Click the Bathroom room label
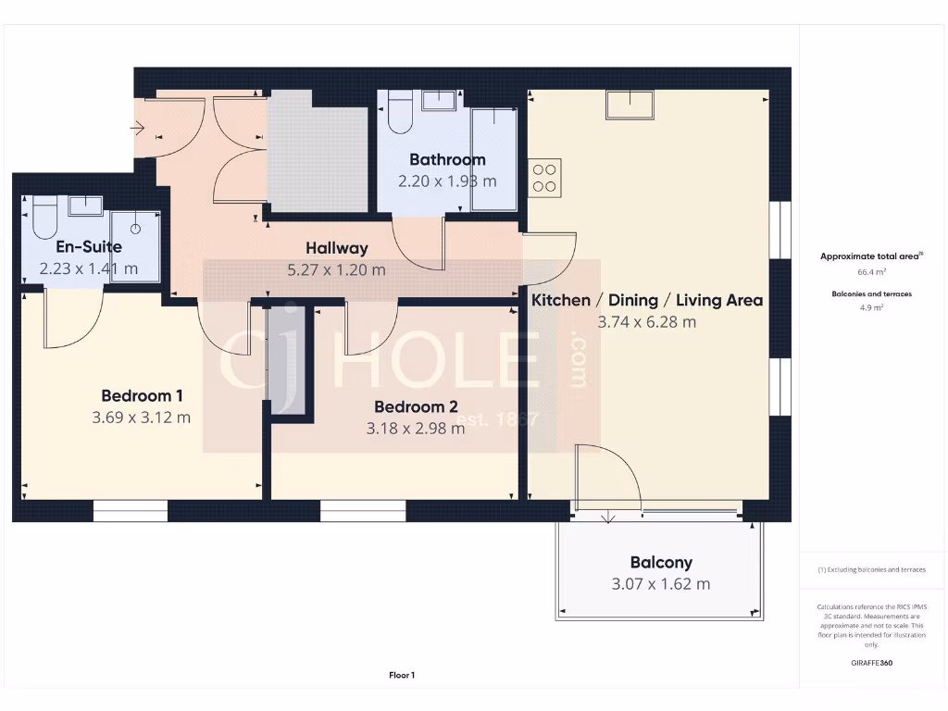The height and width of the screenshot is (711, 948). click(x=447, y=159)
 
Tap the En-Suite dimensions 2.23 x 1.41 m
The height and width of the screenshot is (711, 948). click(x=89, y=268)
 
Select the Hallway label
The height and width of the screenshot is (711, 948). click(x=337, y=248)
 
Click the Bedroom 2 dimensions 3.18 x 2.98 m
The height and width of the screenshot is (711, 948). click(x=416, y=428)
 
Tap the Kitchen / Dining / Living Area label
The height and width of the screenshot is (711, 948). click(x=646, y=300)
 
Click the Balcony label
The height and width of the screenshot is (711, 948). click(x=661, y=562)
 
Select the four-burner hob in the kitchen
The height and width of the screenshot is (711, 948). click(x=544, y=177)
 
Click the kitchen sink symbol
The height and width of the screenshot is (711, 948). click(x=630, y=105)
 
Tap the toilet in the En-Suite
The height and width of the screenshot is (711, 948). click(x=44, y=218)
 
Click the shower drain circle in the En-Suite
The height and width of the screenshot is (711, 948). click(x=135, y=227)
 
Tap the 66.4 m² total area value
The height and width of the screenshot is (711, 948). click(x=873, y=273)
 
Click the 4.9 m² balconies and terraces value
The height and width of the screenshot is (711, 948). click(x=873, y=307)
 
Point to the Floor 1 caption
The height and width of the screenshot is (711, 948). click(x=402, y=676)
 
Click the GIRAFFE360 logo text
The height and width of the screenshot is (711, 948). click(x=873, y=663)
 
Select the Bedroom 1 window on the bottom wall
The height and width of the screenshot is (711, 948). click(x=131, y=511)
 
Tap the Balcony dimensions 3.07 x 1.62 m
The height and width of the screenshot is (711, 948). click(x=661, y=584)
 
